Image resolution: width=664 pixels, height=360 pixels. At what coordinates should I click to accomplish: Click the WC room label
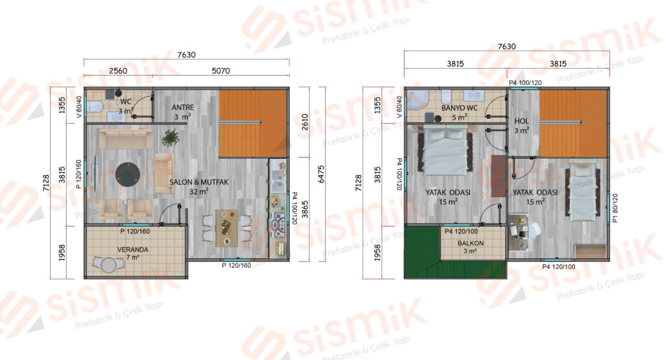tap(126, 102)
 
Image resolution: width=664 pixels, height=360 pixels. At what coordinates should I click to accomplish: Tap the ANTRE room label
tap(182, 108)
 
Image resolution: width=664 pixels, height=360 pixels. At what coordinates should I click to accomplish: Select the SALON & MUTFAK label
tap(198, 182)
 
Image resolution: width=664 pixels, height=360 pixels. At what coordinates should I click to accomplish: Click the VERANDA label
tap(132, 250)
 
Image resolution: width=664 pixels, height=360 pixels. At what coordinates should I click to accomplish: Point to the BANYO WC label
tap(460, 108)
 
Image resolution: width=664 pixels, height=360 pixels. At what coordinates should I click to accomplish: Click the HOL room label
tap(521, 121)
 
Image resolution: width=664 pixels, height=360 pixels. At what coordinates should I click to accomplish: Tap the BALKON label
tap(471, 243)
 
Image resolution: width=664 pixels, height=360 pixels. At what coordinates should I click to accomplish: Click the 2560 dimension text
tap(118, 71)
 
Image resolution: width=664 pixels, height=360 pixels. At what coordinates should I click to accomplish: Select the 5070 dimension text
tap(220, 71)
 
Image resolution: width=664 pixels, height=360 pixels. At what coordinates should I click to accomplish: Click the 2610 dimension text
tap(305, 122)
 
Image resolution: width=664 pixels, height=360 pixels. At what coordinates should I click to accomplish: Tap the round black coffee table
tap(128, 174)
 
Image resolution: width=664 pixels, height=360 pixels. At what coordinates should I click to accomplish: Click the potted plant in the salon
tap(170, 138)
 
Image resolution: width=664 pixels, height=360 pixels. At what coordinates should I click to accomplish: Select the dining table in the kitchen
tap(227, 228)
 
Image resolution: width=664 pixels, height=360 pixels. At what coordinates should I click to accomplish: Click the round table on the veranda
tap(109, 265)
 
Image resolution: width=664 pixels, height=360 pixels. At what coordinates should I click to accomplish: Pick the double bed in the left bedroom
tap(445, 152)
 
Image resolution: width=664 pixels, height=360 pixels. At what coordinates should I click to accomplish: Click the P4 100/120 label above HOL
tap(525, 82)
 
